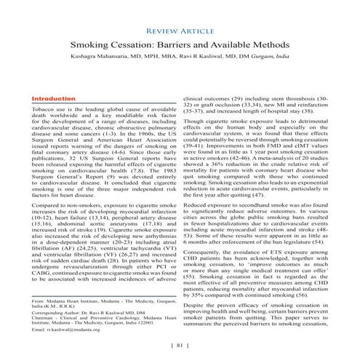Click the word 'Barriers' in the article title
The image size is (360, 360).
191,45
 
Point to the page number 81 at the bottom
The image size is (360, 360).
180,345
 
